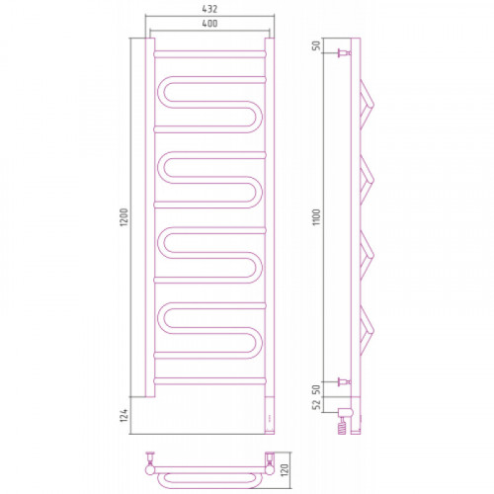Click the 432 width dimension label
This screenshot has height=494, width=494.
pos(209,9)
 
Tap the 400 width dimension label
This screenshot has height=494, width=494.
pos(209,24)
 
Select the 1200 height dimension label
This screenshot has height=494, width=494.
pos(123,217)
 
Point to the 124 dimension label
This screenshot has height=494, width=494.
pos(123,416)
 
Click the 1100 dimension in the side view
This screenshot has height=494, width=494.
pos(316,217)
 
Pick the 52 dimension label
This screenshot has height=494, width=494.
pos(316,405)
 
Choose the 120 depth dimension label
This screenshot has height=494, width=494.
pos(285,469)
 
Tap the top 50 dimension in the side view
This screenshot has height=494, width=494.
pos(316,45)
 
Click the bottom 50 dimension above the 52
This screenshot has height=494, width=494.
pos(316,389)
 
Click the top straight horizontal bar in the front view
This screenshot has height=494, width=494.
pos(209,54)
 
